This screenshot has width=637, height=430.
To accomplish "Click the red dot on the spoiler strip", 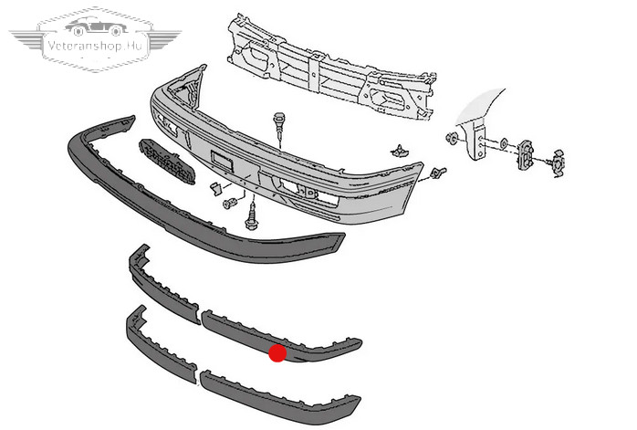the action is [277, 353].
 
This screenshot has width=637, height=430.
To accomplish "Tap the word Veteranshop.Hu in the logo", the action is [96, 45].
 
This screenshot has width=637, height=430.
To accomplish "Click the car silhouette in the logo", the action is [96, 26].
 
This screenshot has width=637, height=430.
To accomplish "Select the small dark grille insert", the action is [167, 162].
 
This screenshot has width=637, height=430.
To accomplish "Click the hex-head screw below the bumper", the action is [251, 216].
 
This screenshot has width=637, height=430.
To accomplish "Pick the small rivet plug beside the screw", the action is [230, 203].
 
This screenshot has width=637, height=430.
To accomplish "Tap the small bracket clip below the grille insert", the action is [215, 189].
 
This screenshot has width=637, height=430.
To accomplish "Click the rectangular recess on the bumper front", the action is [222, 161].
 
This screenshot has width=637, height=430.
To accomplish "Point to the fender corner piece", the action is [479, 122].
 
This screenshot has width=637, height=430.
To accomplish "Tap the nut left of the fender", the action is [451, 138].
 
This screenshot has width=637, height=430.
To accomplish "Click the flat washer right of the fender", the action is [504, 142].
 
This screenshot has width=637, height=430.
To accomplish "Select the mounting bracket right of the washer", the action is [526, 154].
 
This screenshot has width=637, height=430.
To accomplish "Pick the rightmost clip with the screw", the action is [557, 163].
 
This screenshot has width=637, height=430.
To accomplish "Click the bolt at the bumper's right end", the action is [438, 173].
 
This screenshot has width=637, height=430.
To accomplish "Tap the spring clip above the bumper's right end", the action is [400, 152].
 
